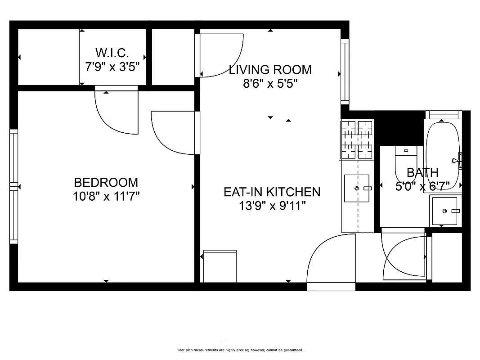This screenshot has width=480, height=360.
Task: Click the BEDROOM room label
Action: (106, 182)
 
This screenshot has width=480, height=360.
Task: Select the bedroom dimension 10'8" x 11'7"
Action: (106, 196)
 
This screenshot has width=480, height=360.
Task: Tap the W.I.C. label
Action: (112, 53)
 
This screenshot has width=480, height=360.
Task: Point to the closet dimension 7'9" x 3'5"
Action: (112, 67)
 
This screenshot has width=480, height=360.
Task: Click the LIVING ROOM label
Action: (270, 70)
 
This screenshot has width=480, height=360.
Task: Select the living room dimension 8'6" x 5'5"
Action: (270, 84)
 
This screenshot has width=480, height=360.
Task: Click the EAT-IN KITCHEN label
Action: (272, 192)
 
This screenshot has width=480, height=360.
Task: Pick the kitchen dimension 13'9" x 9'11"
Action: (272, 206)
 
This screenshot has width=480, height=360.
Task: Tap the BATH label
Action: (422, 172)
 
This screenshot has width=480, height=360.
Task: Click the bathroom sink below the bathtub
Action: (444, 211)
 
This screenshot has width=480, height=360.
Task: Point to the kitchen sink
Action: (357, 188)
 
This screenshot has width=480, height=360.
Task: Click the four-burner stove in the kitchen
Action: (357, 139)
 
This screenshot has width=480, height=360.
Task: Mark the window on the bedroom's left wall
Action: (13, 186)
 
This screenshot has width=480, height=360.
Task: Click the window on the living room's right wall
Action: (345, 72)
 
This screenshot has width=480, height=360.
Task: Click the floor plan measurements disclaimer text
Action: (240, 350)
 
